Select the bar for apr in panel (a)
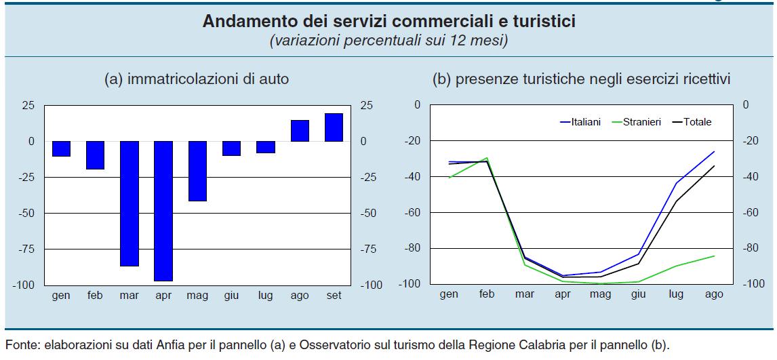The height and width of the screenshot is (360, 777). pos(163,211)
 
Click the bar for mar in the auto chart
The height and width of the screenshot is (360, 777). pos(129,203)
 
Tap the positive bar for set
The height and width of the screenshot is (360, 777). pos(334,127)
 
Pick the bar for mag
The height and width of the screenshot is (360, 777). pos(197,171)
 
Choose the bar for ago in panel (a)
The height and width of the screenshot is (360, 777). pos(300,131)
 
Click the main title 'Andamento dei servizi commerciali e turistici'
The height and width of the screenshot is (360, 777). pos(388,22)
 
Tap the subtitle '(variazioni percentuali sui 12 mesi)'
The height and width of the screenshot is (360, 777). pos(388,41)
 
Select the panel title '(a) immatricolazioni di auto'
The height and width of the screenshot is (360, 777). pos(197,79)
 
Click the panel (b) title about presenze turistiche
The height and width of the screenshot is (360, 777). pos(581,79)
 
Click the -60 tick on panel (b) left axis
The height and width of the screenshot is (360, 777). pos(412,212)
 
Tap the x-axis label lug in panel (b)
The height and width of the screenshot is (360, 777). pos(676,294)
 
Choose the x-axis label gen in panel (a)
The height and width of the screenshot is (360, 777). pos(62,296)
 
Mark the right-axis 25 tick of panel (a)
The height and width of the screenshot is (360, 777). pos(367,105)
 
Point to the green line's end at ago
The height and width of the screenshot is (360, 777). pos(714,256)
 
